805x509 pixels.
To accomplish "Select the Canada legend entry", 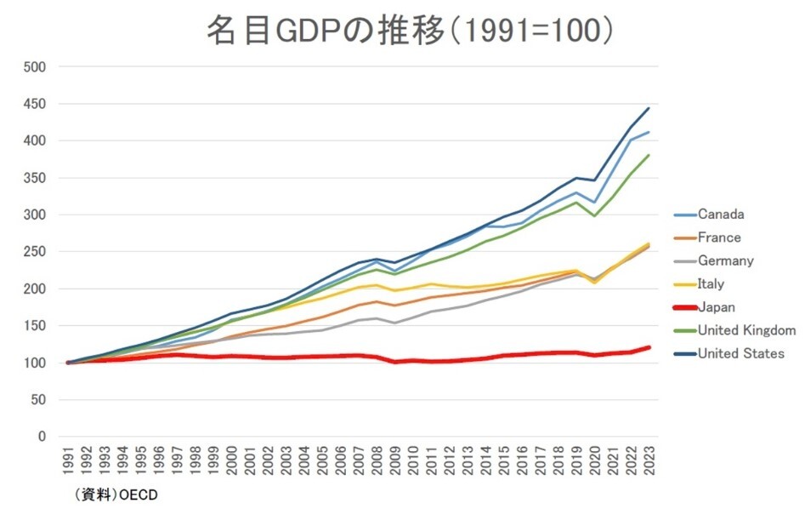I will click(x=720, y=214).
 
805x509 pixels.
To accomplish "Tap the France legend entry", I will click(x=719, y=237).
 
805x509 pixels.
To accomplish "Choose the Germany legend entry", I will click(x=725, y=260).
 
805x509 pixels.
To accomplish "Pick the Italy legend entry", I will click(x=711, y=283).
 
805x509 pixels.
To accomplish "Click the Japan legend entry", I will click(x=716, y=307).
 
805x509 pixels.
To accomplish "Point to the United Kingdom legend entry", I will click(x=745, y=330).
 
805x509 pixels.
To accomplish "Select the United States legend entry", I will click(x=740, y=353).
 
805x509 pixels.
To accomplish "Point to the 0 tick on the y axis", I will click(x=42, y=437).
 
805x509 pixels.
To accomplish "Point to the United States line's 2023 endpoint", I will click(x=649, y=108).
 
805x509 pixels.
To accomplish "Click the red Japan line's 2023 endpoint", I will click(x=649, y=347).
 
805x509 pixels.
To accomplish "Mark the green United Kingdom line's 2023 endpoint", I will click(x=649, y=155).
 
